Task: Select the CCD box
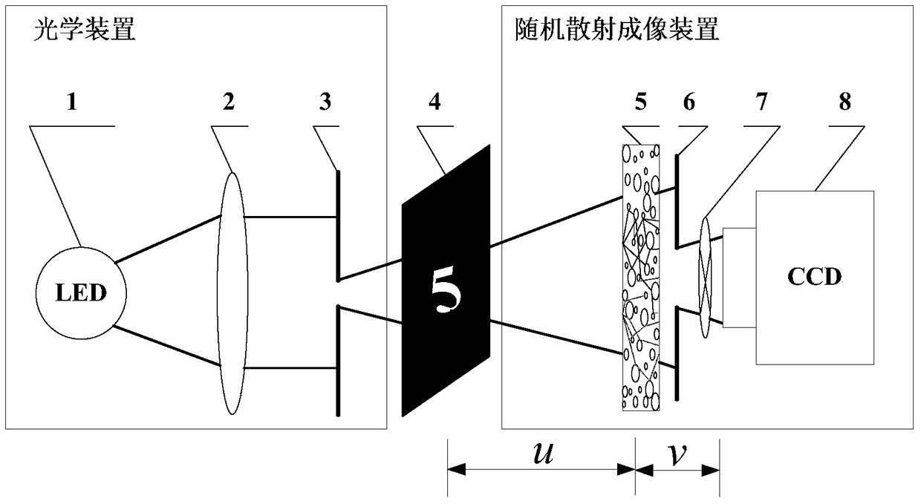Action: click(x=815, y=278)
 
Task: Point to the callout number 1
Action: click(x=72, y=103)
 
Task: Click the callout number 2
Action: click(x=229, y=103)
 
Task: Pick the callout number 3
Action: click(x=325, y=103)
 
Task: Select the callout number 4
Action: click(x=435, y=103)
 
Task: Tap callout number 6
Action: click(x=689, y=103)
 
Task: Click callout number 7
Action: click(x=762, y=103)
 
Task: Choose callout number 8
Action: click(x=845, y=103)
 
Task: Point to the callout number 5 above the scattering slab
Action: click(x=640, y=103)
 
